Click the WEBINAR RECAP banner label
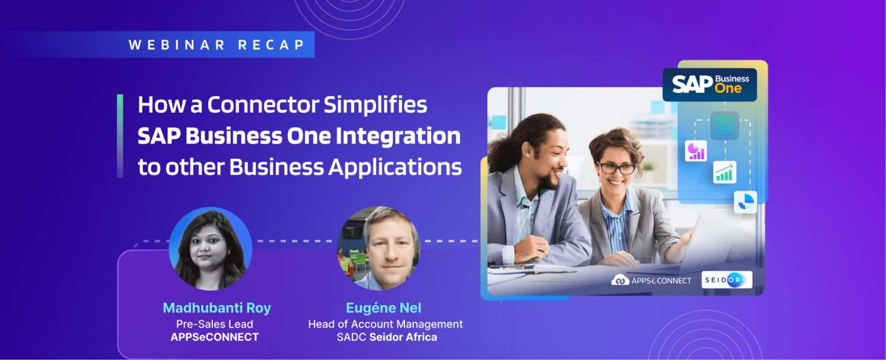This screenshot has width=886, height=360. click(216, 45)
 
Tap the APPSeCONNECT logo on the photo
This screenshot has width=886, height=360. click(651, 280)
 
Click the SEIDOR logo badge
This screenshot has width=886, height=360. click(726, 280)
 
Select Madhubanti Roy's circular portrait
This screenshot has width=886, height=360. click(211, 249)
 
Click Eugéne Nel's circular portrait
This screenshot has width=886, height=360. click(378, 249)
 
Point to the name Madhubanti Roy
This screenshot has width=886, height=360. click(216, 308)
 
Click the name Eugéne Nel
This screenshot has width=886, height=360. click(385, 308)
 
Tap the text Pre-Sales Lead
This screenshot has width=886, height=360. click(215, 324)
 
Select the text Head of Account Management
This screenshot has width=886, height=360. click(385, 324)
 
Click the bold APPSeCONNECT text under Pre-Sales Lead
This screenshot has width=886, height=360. click(215, 337)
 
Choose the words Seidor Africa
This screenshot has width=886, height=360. click(403, 337)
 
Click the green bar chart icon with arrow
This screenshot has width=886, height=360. click(724, 171)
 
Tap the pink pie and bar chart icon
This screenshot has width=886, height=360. click(696, 151)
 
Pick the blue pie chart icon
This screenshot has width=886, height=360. click(745, 201)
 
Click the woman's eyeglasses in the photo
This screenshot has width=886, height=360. click(616, 168)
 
